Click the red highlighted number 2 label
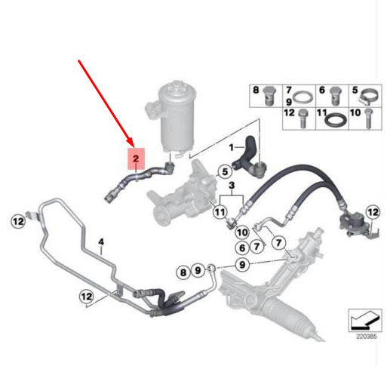pyautogui.click(x=136, y=158)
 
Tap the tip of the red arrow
pyautogui.click(x=133, y=146)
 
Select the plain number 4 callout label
pyautogui.click(x=101, y=242)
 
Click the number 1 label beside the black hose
pyautogui.click(x=232, y=148)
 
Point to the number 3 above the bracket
pyautogui.click(x=232, y=186)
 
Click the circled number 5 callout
pyautogui.click(x=225, y=172)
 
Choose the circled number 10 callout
pyautogui.click(x=242, y=232)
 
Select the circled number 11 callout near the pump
pyautogui.click(x=220, y=212)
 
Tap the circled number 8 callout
pyautogui.click(x=183, y=272)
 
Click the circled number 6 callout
pyautogui.click(x=242, y=248)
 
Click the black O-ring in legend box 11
pyautogui.click(x=336, y=119)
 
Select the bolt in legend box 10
pyautogui.click(x=368, y=118)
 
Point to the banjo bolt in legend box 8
pyautogui.click(x=269, y=96)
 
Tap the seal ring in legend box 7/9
pyautogui.click(x=304, y=97)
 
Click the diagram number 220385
pyautogui.click(x=366, y=336)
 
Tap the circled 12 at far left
pyautogui.click(x=18, y=222)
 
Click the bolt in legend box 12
pyautogui.click(x=303, y=118)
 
